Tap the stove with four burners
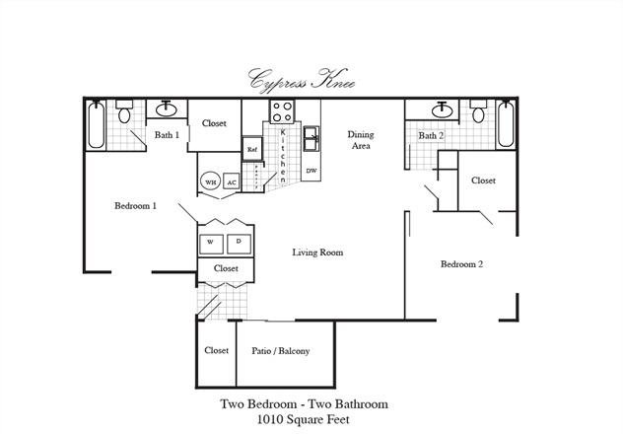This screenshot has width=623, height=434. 282,111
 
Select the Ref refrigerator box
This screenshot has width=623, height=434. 252,149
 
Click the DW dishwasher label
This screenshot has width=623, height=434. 311,171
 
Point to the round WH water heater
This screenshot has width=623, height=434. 210,182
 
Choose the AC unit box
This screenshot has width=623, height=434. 232,182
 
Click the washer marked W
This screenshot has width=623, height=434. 211,244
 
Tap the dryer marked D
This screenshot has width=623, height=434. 239,244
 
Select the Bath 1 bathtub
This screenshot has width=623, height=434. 97,125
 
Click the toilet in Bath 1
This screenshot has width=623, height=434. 124,111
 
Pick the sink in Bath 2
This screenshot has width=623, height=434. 442,109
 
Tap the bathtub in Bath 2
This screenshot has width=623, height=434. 506,123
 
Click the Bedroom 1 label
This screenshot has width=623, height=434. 135,206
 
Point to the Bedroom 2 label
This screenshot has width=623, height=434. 461,264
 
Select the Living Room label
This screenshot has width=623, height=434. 317,253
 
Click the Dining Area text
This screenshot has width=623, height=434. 361,140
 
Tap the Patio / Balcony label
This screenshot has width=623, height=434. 281,351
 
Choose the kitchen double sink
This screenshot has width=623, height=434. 311,139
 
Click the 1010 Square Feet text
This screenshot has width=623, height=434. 304,419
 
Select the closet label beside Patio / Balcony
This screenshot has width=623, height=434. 217,350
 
